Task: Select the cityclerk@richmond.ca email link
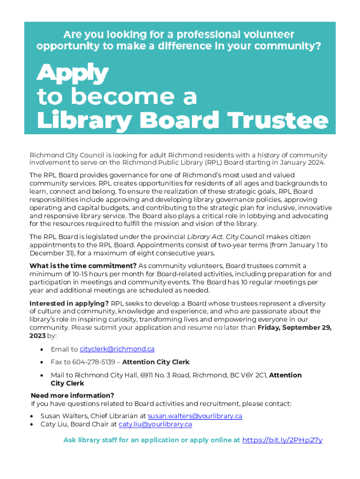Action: pyautogui.click(x=117, y=349)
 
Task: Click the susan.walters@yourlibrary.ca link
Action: pyautogui.click(x=195, y=416)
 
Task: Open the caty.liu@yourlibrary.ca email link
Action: pyautogui.click(x=155, y=424)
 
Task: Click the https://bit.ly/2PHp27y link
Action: pyautogui.click(x=282, y=440)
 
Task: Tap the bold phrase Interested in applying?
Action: pyautogui.click(x=69, y=304)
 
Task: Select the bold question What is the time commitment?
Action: pyautogui.click(x=83, y=266)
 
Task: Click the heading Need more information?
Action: pyautogui.click(x=72, y=395)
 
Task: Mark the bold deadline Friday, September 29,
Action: pyautogui.click(x=295, y=327)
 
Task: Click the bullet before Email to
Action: pyautogui.click(x=43, y=349)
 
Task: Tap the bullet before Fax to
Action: pyautogui.click(x=43, y=363)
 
